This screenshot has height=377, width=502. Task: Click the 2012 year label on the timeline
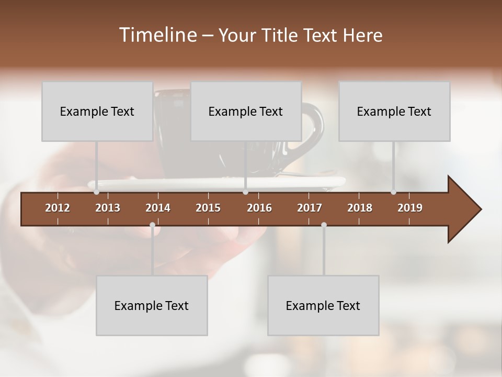point(58,208)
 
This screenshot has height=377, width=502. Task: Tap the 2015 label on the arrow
point(208,208)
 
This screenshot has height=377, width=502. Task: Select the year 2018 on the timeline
point(360,208)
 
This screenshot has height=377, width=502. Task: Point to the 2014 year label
point(158,208)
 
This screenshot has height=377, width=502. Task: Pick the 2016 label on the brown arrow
point(259,208)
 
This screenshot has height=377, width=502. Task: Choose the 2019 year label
point(410,208)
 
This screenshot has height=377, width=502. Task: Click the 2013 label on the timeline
point(108,208)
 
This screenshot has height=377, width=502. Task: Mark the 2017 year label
point(310,208)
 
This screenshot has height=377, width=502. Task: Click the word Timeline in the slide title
point(158,35)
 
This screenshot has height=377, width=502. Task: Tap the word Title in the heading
point(281,35)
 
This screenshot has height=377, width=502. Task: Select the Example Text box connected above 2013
point(97,111)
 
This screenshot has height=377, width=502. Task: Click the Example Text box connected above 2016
point(246,111)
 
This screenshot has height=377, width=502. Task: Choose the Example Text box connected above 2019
point(394,111)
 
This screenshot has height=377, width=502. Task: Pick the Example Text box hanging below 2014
point(152,305)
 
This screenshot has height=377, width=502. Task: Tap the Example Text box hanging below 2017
point(323,305)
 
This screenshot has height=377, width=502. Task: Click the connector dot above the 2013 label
point(97,192)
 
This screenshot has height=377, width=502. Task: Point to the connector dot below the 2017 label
point(324,225)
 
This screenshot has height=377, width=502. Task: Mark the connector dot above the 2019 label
point(393,192)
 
